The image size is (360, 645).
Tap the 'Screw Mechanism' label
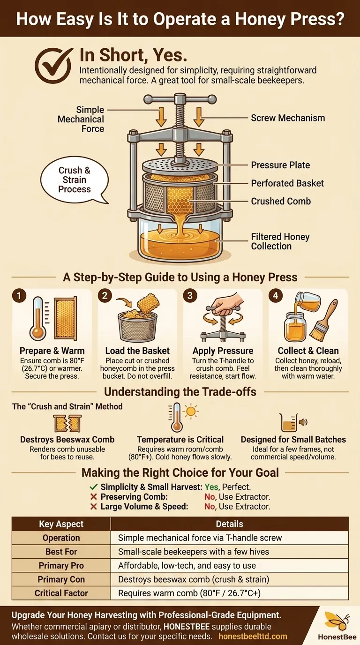click(x=288, y=118)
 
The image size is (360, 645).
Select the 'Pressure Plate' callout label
click(x=280, y=165)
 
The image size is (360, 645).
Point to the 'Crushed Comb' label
click(x=281, y=201)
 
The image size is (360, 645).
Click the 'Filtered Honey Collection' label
click(x=280, y=241)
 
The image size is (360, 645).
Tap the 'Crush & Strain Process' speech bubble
click(x=75, y=180)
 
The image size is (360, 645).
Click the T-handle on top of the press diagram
click(x=180, y=99)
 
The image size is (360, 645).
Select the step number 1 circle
click(x=19, y=296)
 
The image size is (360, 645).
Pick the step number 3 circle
click(x=190, y=296)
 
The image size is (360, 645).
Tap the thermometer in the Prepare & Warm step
click(x=37, y=319)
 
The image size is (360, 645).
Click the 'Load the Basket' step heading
click(x=137, y=351)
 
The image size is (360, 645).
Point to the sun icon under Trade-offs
click(x=191, y=411)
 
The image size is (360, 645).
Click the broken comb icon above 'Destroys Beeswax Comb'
click(x=67, y=424)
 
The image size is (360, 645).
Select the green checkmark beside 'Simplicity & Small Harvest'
click(x=94, y=487)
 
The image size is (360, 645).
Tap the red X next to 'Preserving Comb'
click(x=94, y=497)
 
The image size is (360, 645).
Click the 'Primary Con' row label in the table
click(x=61, y=579)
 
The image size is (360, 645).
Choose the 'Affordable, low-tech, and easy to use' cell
click(x=187, y=565)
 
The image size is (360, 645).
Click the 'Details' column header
click(x=230, y=524)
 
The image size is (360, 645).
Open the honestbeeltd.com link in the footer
click(x=253, y=637)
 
